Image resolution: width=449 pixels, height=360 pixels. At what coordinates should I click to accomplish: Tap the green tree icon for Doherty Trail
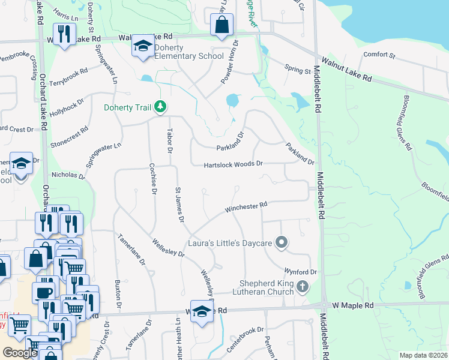[160, 107]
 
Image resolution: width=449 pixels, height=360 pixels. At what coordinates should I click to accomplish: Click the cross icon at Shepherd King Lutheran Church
[303, 287]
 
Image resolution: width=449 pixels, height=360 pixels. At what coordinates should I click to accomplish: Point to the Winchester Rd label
[246, 208]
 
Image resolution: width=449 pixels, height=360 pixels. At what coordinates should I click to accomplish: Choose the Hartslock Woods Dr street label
[233, 164]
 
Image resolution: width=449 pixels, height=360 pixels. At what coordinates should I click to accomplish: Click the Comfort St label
[379, 56]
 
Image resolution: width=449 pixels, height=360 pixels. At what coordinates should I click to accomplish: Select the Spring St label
[297, 71]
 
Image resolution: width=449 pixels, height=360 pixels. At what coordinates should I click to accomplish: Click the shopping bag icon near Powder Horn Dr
[221, 25]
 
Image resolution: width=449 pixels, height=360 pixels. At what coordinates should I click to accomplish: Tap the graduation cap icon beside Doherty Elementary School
[143, 46]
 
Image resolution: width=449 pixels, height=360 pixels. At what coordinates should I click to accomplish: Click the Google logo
[20, 353]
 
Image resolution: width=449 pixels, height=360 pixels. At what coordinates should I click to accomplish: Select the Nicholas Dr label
[68, 175]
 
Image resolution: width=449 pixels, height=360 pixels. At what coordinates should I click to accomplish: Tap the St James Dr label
[178, 205]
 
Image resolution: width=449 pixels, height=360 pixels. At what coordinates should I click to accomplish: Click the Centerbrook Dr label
[245, 340]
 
